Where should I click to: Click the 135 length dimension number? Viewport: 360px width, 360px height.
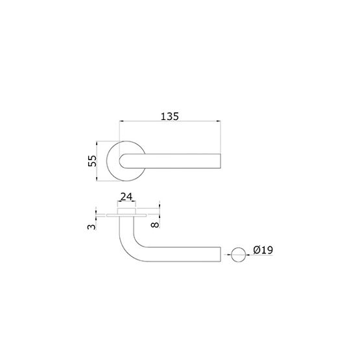[170, 117]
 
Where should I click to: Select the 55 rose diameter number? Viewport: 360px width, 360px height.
[92, 161]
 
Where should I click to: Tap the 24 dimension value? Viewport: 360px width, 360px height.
[126, 197]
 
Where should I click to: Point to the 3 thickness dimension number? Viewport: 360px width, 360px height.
[91, 227]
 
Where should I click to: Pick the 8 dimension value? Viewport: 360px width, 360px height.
[155, 224]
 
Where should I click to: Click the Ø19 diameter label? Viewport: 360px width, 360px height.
[263, 250]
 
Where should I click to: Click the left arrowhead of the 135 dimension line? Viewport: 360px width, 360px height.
[121, 121]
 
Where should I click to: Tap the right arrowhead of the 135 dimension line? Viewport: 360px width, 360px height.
[219, 121]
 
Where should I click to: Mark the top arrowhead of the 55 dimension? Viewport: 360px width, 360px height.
[97, 143]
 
